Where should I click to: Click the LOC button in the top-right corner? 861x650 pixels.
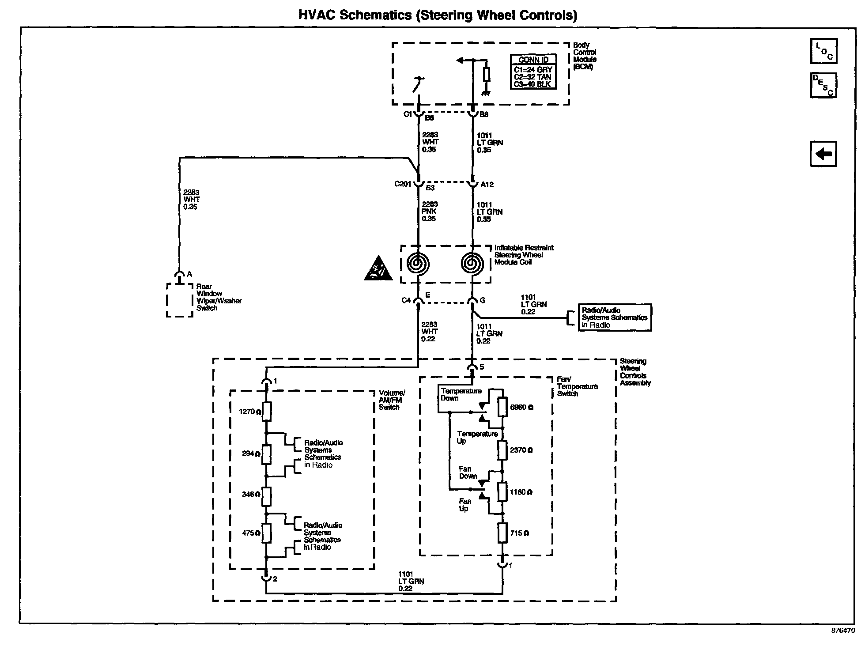tap(823, 51)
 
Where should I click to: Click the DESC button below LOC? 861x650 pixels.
tap(823, 85)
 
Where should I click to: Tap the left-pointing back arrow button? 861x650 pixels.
tap(823, 154)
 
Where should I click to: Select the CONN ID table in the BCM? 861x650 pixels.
tap(533, 72)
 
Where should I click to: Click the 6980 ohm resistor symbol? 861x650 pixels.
tap(502, 407)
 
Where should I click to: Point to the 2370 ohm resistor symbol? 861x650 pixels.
tap(502, 450)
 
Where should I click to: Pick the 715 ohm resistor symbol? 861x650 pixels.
tap(502, 533)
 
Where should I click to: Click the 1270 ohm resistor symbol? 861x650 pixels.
tap(266, 412)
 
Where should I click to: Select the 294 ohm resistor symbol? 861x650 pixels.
tap(266, 454)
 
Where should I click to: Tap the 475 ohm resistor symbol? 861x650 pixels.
tap(266, 533)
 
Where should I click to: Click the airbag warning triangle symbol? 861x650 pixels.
tap(378, 268)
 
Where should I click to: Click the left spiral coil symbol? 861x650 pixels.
tap(418, 264)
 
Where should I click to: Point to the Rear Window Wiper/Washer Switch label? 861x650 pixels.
tap(219, 297)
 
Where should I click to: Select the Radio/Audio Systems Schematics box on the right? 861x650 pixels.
tap(614, 317)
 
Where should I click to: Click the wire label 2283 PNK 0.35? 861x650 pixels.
tap(429, 212)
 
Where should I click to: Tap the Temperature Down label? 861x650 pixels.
tap(461, 395)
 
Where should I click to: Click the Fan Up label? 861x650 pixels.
tap(464, 505)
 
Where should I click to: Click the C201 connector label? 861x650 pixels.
tap(403, 184)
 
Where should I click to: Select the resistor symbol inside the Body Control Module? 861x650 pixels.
tap(486, 74)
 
